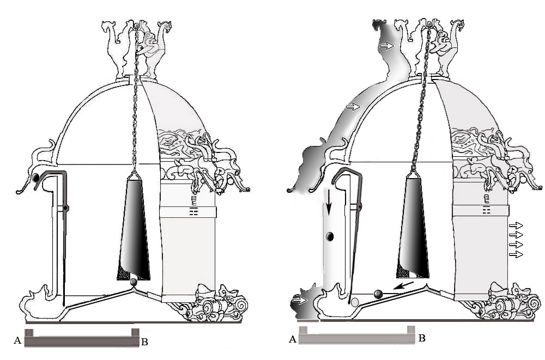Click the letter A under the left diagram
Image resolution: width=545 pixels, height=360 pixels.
point(17,340)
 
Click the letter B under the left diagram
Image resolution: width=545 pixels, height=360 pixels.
point(144,342)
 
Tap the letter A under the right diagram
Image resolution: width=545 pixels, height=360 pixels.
point(293,339)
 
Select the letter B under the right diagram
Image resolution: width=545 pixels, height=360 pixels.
point(422,338)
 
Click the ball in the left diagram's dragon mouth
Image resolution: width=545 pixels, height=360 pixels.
point(35,178)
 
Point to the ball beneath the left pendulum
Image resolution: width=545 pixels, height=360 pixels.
point(134,282)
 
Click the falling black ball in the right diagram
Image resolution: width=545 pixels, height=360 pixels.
point(330,237)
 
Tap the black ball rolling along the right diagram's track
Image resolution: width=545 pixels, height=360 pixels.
point(378,294)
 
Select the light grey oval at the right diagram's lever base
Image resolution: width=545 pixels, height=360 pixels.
point(355,302)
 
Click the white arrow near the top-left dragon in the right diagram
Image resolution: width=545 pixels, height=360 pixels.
point(386,46)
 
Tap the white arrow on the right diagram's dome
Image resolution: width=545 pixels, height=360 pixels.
point(353,107)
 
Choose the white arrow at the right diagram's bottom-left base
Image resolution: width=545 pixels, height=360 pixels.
point(300,300)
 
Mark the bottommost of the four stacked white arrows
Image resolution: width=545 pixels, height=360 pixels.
point(516,255)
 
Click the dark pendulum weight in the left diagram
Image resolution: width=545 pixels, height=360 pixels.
point(134,228)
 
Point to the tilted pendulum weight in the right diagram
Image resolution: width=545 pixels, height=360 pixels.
point(413,226)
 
